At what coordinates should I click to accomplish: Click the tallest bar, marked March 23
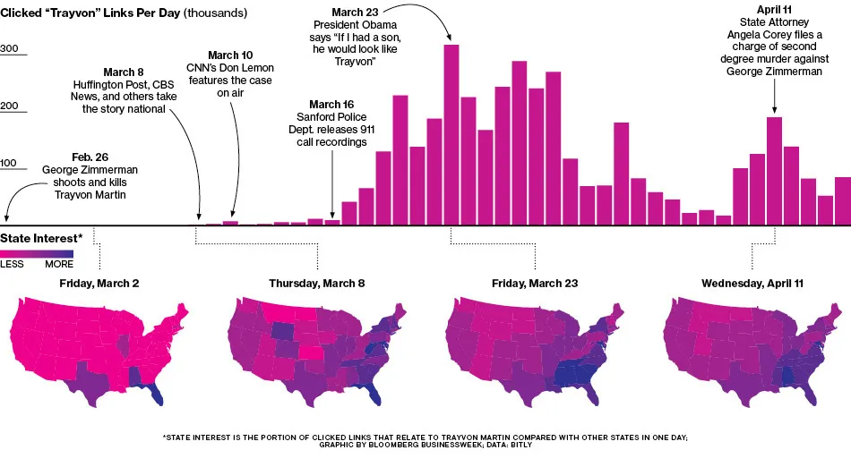[x=452, y=134]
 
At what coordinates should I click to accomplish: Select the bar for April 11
[x=774, y=170]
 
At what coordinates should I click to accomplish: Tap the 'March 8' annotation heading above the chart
[x=124, y=72]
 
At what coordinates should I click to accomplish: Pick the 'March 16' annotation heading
[x=331, y=105]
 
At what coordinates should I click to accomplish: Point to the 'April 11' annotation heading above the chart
[x=774, y=10]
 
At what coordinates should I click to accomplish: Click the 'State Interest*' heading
[x=41, y=238]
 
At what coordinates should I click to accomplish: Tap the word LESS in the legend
[x=12, y=265]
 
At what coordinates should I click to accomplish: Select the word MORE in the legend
[x=59, y=265]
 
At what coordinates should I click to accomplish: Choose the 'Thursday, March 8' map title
[x=317, y=284]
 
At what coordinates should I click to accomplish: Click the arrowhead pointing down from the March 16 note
[x=332, y=215]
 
